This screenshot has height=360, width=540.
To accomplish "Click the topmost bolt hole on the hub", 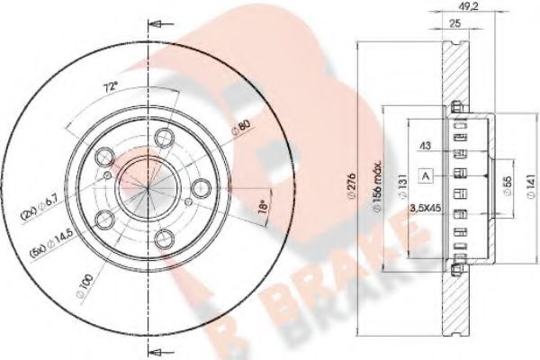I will (x=165, y=138).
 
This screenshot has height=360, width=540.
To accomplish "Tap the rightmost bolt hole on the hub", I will (x=202, y=187).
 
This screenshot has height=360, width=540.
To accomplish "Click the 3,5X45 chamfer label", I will (x=425, y=208).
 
